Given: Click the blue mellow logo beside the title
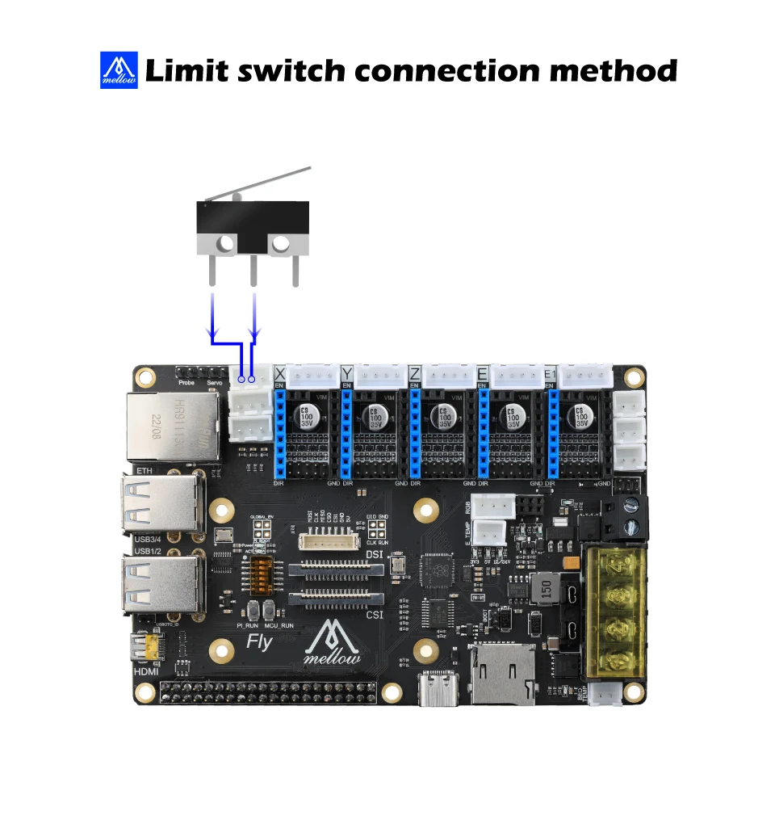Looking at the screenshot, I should [119, 70].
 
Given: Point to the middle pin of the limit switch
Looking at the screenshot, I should [253, 271].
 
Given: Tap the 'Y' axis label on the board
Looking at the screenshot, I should [347, 374].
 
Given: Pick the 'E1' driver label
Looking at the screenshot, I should [550, 374].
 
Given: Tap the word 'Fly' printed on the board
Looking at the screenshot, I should [260, 642].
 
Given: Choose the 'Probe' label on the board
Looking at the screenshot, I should [186, 383].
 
